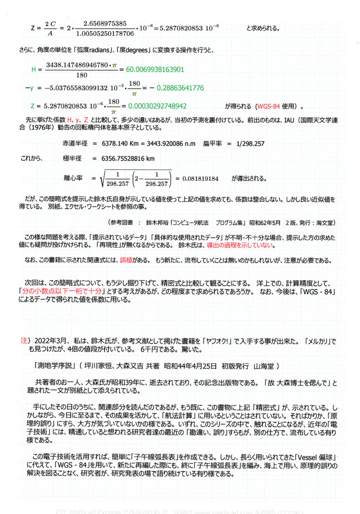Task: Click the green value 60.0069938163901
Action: point(156,69)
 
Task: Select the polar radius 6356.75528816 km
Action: point(123,158)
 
